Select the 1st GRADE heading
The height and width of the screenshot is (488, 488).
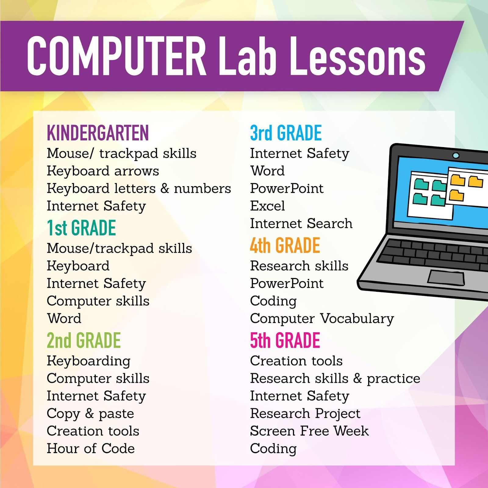click(81, 228)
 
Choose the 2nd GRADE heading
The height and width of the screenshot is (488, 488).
click(84, 341)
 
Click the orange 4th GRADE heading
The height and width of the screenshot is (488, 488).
click(285, 246)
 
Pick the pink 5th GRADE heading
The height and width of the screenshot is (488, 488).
click(285, 341)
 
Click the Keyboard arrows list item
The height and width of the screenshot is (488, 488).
click(103, 171)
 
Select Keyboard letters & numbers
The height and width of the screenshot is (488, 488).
click(139, 189)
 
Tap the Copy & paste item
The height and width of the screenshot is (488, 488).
click(90, 414)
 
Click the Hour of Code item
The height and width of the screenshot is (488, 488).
click(91, 449)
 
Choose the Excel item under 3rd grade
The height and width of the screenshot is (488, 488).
click(267, 206)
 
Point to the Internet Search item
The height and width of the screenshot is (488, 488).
click(301, 223)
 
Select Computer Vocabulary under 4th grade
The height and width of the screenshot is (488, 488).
click(322, 319)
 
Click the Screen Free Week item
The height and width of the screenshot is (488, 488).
click(309, 431)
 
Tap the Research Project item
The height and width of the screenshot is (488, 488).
click(305, 414)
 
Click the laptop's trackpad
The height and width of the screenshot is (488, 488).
click(446, 278)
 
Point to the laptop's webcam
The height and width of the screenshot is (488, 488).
click(456, 156)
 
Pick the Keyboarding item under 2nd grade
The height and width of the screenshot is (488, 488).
click(88, 361)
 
